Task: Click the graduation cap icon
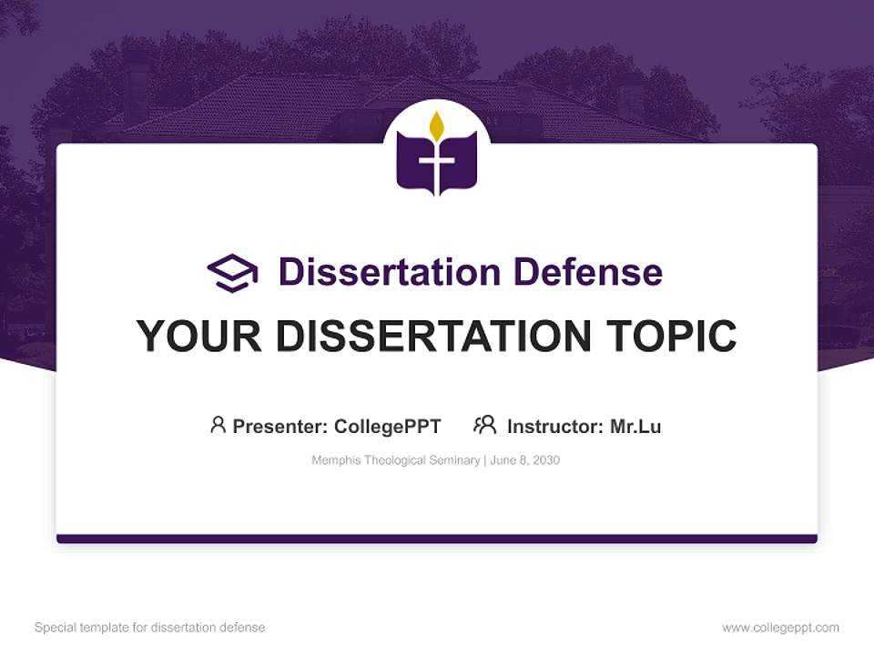(232, 273)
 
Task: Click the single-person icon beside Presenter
(218, 425)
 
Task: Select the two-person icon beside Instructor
(484, 425)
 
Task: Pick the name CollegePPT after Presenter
(387, 426)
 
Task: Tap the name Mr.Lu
(635, 426)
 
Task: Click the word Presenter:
(280, 426)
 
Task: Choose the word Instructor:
(555, 426)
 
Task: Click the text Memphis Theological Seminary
(395, 460)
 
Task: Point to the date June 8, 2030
(525, 460)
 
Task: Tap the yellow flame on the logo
(437, 126)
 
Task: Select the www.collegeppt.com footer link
(780, 628)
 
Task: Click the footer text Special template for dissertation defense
(149, 628)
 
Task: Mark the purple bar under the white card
(437, 539)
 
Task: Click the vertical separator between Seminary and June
(484, 460)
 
